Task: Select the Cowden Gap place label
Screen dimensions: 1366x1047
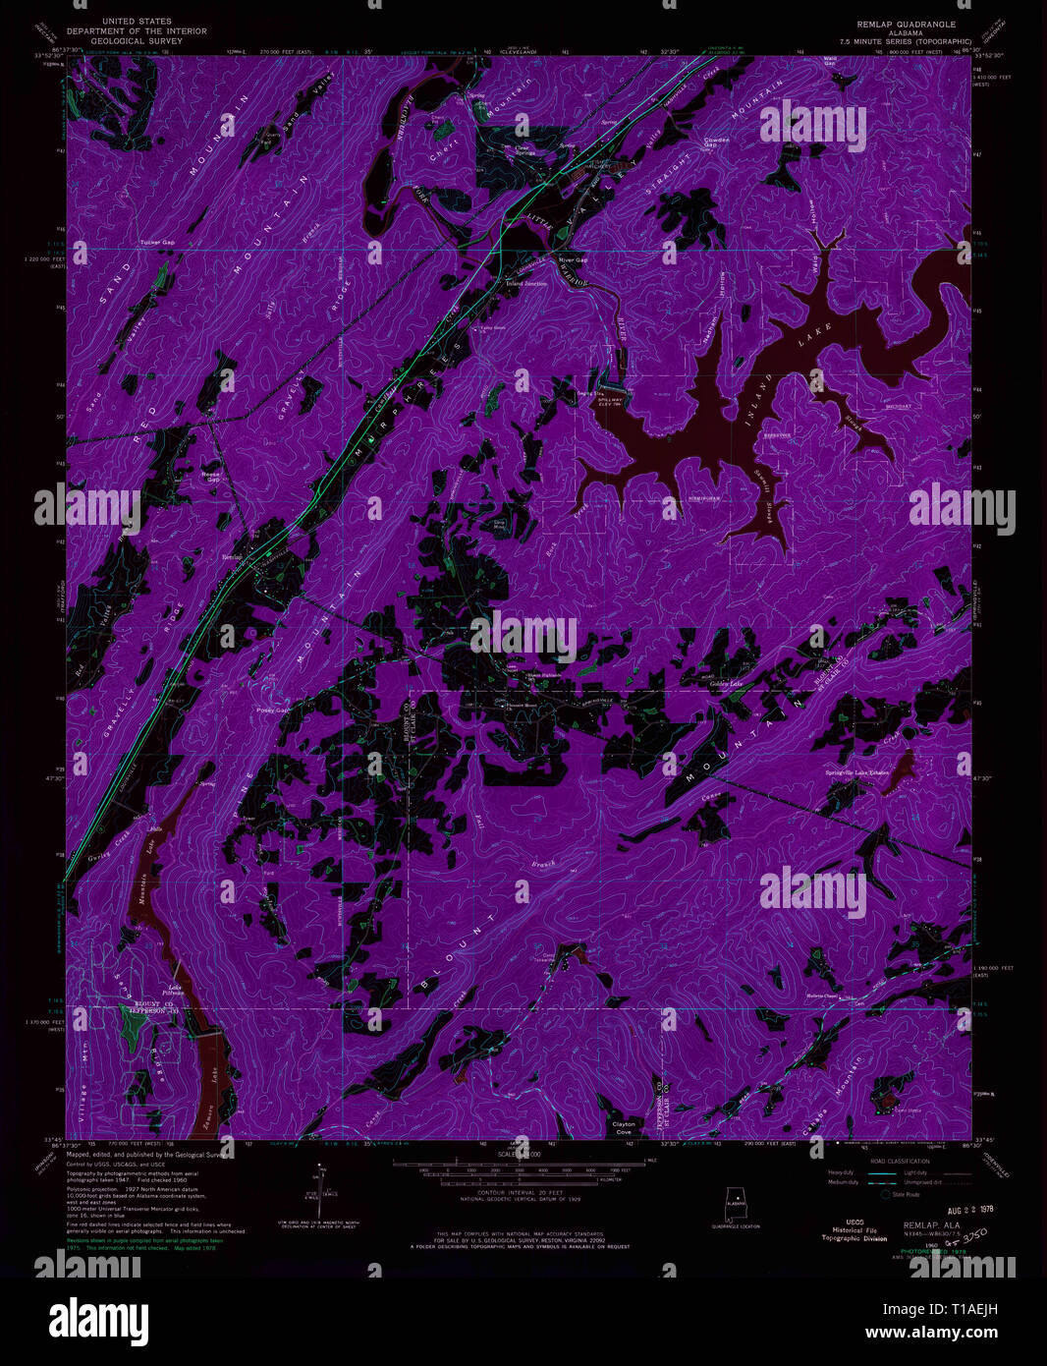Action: pos(717,142)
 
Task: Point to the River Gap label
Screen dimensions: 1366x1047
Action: pos(573,260)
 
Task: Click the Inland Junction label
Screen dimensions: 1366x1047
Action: pos(526,283)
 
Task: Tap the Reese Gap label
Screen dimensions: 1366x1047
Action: pos(210,476)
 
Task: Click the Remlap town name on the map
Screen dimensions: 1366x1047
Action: pos(233,557)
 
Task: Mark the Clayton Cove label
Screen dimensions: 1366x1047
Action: pos(624,1127)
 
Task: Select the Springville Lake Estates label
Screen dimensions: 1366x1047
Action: pos(857,772)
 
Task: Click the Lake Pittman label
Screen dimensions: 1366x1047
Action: pos(174,990)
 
